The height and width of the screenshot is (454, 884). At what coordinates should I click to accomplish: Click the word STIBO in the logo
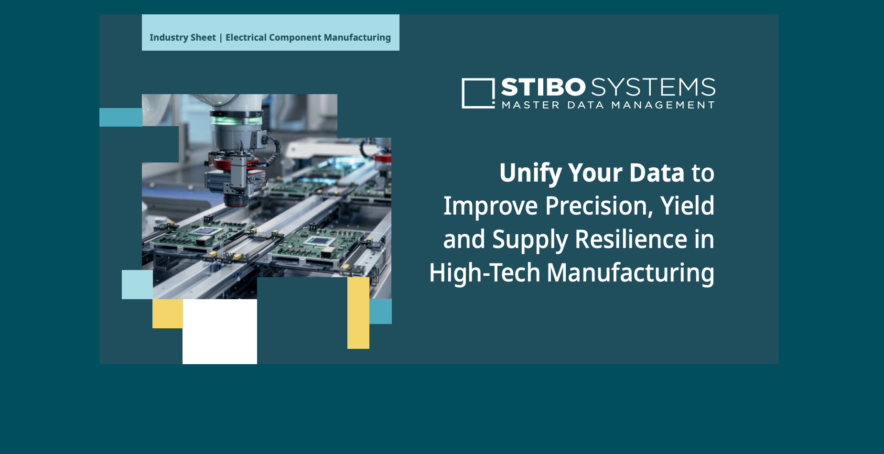543,87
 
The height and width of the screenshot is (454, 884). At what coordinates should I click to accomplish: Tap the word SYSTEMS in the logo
653,87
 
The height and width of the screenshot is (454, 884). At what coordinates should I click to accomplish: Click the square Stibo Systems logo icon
478,93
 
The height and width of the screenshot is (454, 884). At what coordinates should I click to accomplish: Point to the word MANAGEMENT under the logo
663,105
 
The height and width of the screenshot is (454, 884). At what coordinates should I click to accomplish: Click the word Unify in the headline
530,173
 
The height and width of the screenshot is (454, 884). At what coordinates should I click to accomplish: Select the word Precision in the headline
599,206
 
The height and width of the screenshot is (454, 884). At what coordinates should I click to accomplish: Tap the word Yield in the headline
687,206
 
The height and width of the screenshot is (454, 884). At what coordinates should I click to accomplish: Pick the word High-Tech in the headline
485,273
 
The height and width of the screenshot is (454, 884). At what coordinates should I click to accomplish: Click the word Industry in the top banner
169,38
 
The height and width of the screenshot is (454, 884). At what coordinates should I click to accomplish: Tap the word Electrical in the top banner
246,37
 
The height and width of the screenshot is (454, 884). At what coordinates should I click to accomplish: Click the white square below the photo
220,332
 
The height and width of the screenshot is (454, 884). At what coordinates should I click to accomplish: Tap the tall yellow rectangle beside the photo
358,313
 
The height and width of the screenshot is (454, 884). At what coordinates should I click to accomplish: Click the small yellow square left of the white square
168,313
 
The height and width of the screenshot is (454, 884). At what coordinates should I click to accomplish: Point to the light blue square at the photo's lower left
137,284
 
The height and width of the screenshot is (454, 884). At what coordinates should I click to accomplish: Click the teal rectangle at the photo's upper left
121,117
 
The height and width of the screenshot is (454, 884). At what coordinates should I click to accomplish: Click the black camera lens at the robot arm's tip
236,199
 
